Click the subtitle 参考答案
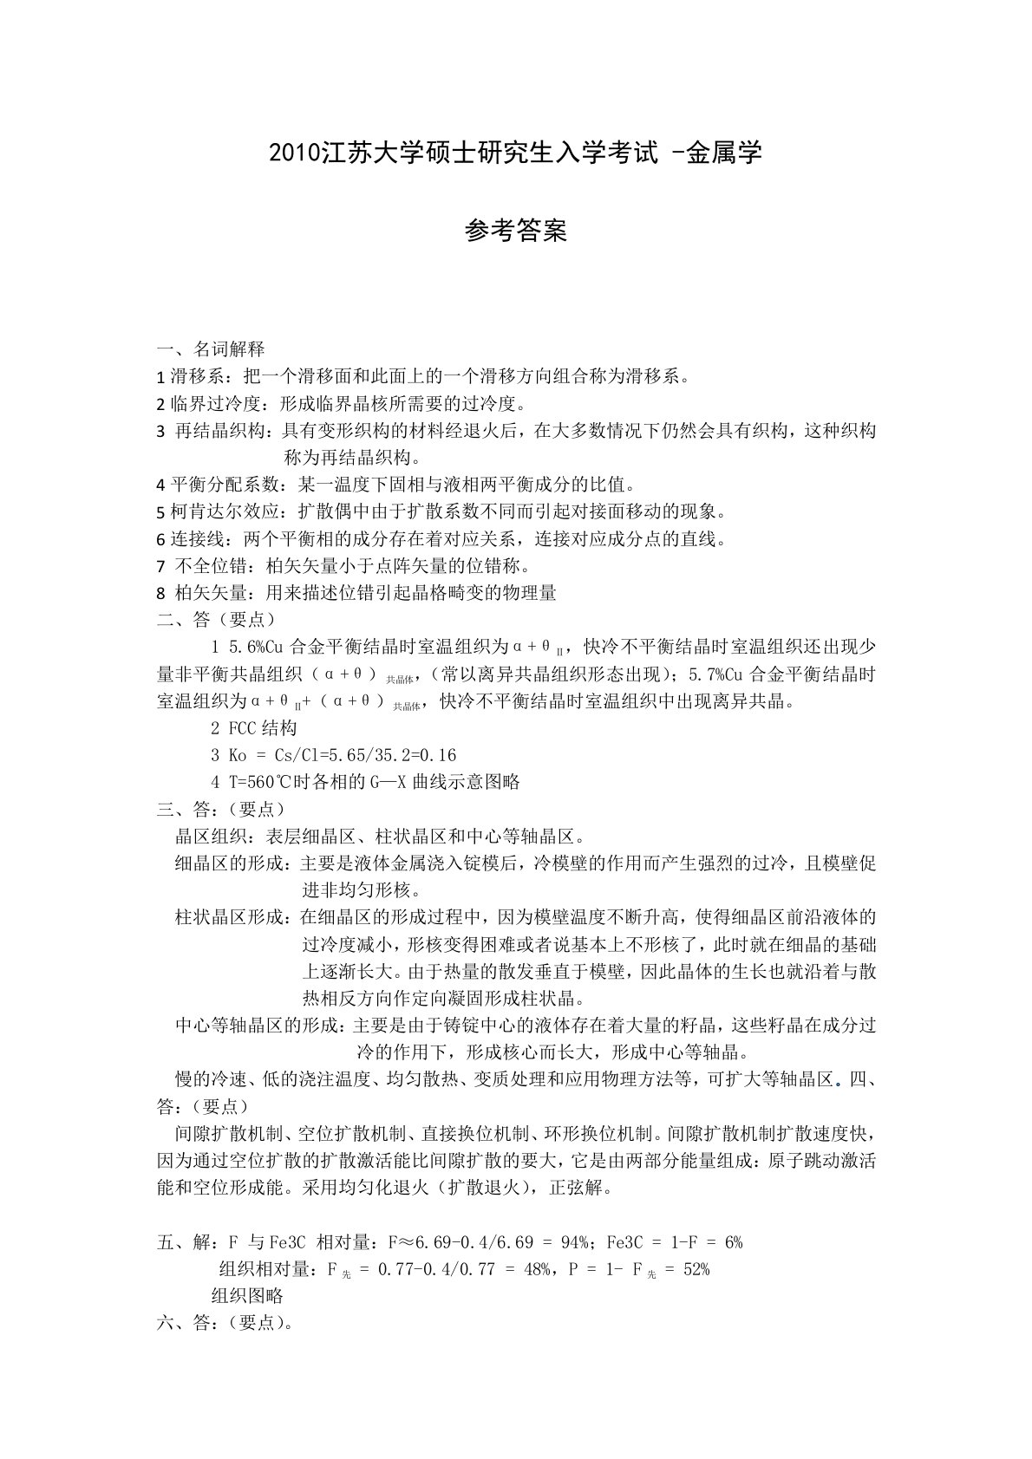click(516, 231)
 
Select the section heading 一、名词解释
click(211, 349)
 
